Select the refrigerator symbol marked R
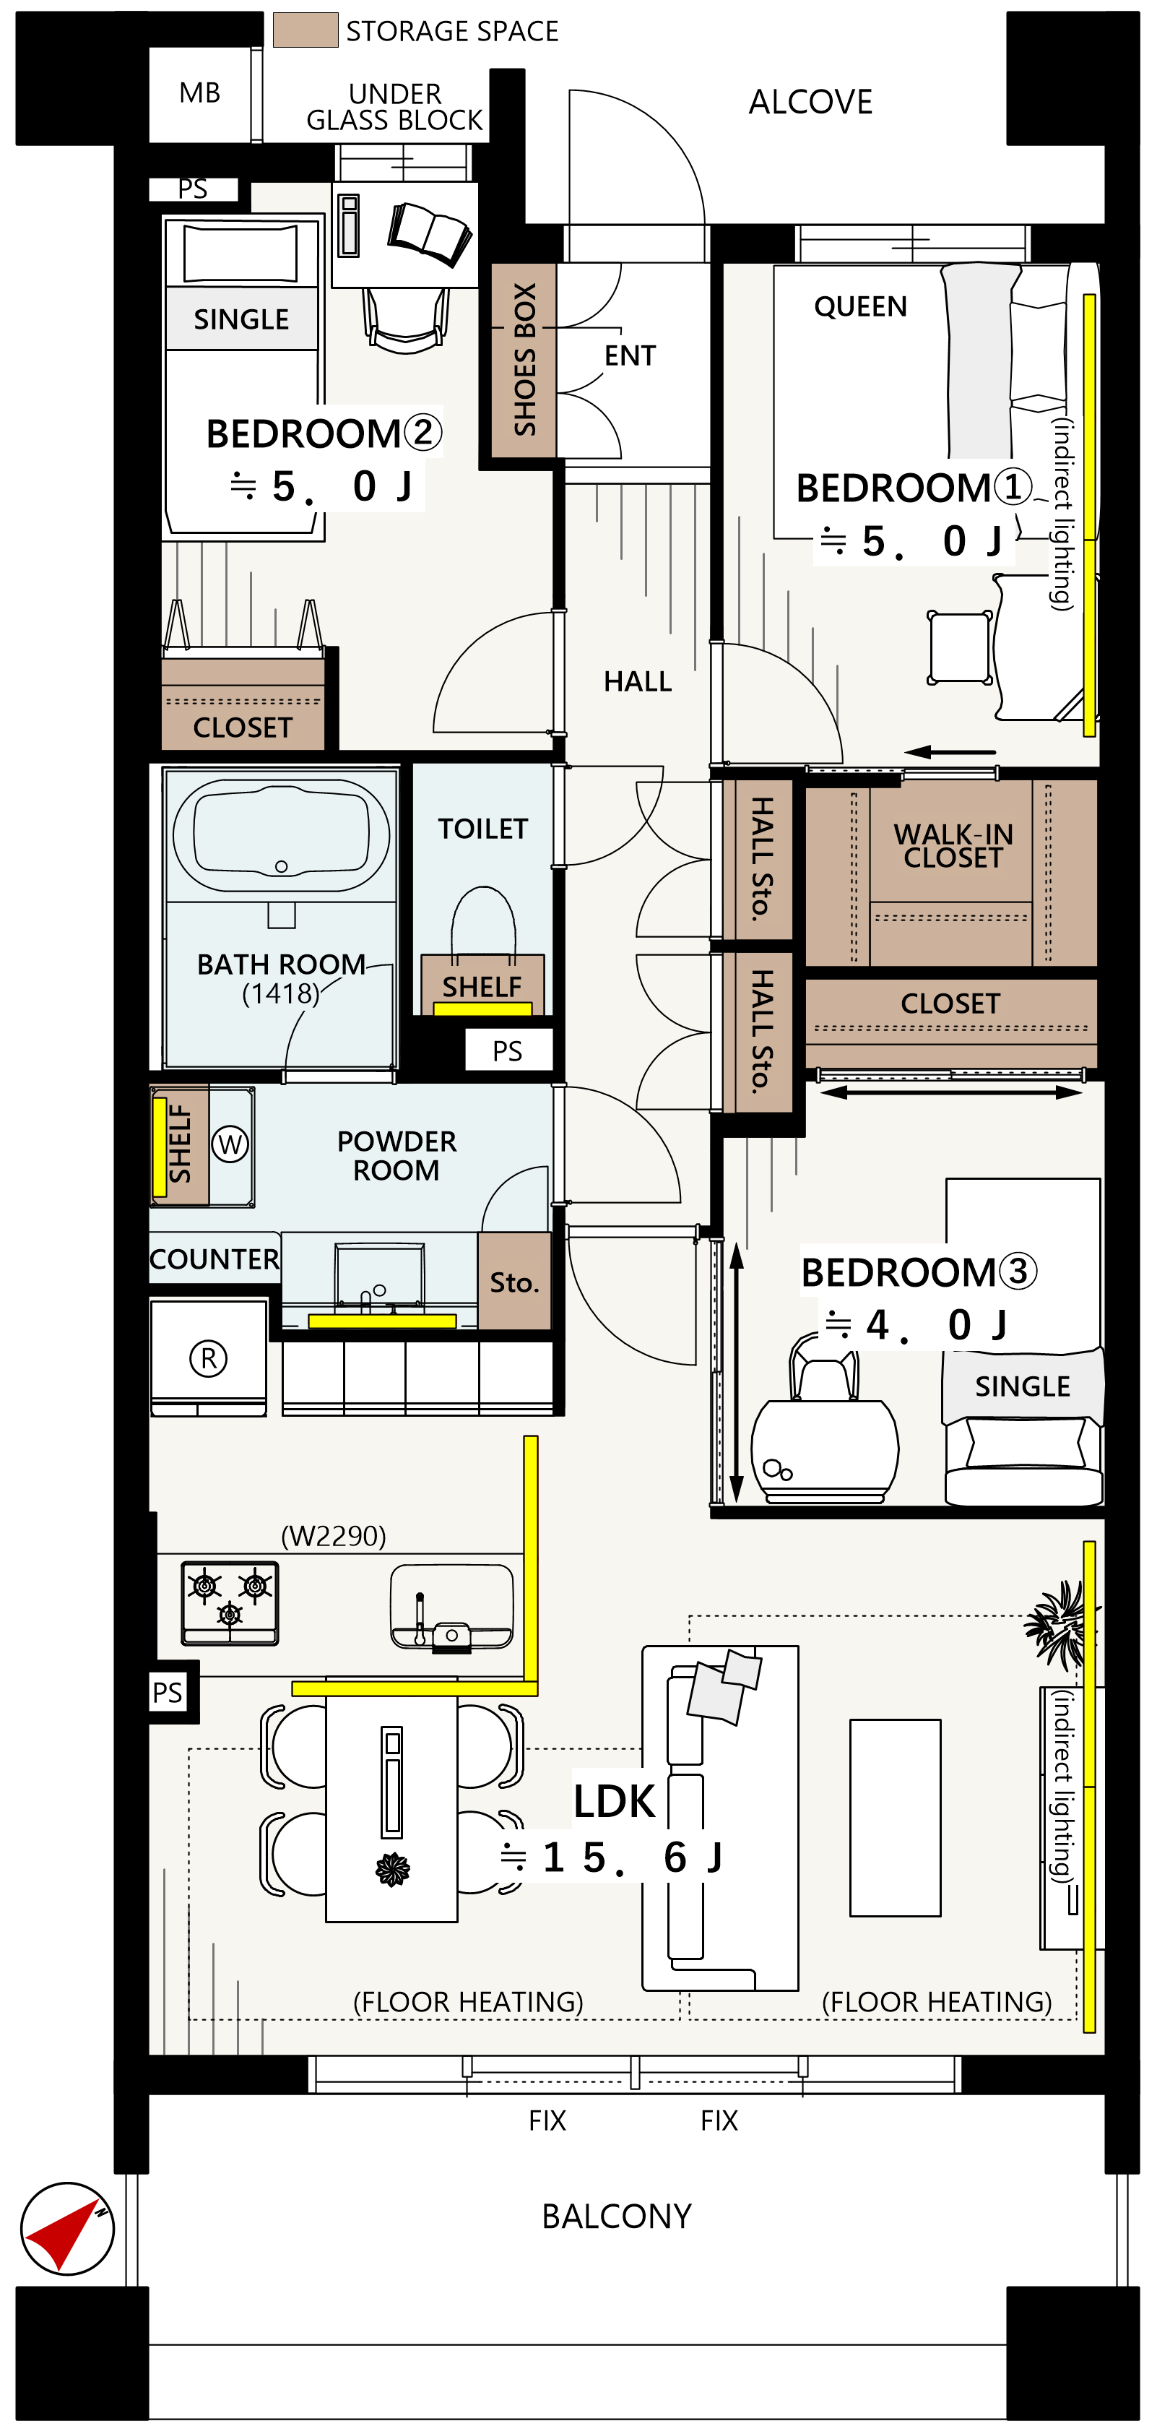point(209,1358)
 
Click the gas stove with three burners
point(230,1602)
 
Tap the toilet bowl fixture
point(484,921)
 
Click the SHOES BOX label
point(524,359)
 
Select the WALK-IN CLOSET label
point(953,846)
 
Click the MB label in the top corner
point(199,92)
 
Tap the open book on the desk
point(430,233)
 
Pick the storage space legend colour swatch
point(305,30)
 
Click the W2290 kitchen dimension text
point(334,1535)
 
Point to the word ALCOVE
point(810,102)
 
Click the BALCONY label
point(616,2216)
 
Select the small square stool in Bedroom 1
point(960,647)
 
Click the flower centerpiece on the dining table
point(392,1868)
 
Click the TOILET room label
point(482,829)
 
